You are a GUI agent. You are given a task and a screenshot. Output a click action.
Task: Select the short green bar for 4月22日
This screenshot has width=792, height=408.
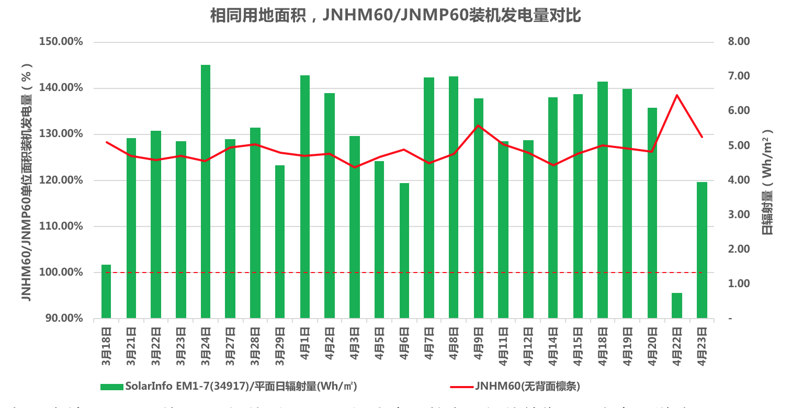[677, 305]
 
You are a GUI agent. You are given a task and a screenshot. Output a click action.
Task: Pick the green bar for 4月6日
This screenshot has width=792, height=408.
[404, 251]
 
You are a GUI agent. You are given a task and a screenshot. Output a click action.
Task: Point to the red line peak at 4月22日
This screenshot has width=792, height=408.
[677, 95]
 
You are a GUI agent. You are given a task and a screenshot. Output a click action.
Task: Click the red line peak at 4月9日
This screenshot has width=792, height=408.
[478, 126]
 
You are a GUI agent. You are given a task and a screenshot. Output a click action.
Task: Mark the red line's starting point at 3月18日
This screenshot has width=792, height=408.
[106, 142]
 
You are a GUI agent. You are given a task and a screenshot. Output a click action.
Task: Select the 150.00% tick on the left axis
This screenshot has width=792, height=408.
[61, 42]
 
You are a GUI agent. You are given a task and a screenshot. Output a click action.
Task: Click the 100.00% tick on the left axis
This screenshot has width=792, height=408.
[61, 273]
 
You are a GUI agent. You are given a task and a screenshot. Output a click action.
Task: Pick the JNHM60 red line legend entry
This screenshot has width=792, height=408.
[515, 387]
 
